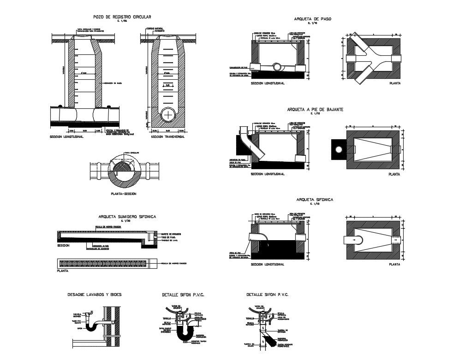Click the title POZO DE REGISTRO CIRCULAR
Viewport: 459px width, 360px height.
tap(122, 17)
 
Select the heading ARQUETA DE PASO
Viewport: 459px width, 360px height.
tap(316, 19)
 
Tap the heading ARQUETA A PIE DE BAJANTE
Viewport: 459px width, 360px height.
tap(315, 109)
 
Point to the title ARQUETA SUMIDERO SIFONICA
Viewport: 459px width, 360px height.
tap(127, 216)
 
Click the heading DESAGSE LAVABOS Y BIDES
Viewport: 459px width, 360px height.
tap(95, 294)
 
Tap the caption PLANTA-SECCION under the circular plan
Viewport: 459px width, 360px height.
tap(124, 194)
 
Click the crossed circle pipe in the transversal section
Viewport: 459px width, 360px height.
tap(169, 114)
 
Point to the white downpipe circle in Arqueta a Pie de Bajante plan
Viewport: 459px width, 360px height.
tap(339, 149)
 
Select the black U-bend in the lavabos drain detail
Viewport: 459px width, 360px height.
tap(94, 326)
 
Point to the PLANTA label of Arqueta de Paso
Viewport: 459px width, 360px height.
tap(394, 84)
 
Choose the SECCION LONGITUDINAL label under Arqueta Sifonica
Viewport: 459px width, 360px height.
tap(268, 264)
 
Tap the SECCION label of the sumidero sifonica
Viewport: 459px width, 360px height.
tap(63, 246)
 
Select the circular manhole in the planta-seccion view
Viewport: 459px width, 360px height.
tap(123, 171)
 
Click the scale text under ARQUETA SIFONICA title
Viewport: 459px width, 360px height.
tap(316, 203)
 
